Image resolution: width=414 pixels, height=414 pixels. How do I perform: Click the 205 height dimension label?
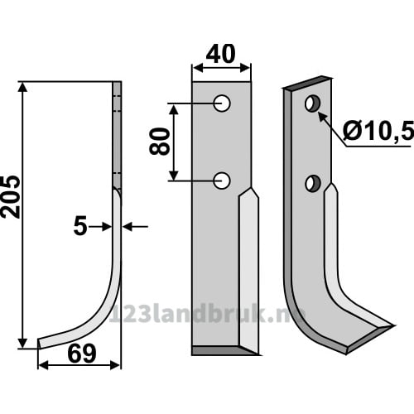pos(11,196)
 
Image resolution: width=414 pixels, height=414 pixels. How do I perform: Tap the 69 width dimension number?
pos(82,354)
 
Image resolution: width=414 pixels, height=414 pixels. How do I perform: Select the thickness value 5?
pos(80,227)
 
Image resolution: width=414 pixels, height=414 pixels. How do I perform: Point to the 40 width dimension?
pos(220,54)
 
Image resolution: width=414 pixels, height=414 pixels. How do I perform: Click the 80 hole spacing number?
pos(159,141)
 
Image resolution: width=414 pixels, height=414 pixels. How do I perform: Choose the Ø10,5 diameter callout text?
pos(378,131)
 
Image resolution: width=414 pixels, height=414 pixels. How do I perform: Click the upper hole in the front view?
pos(222,103)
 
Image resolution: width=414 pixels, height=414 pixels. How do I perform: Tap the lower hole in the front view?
pos(222,181)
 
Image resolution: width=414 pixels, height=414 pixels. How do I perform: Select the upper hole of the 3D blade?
pos(312,103)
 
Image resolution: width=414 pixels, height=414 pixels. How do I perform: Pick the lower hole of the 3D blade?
pos(313,183)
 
